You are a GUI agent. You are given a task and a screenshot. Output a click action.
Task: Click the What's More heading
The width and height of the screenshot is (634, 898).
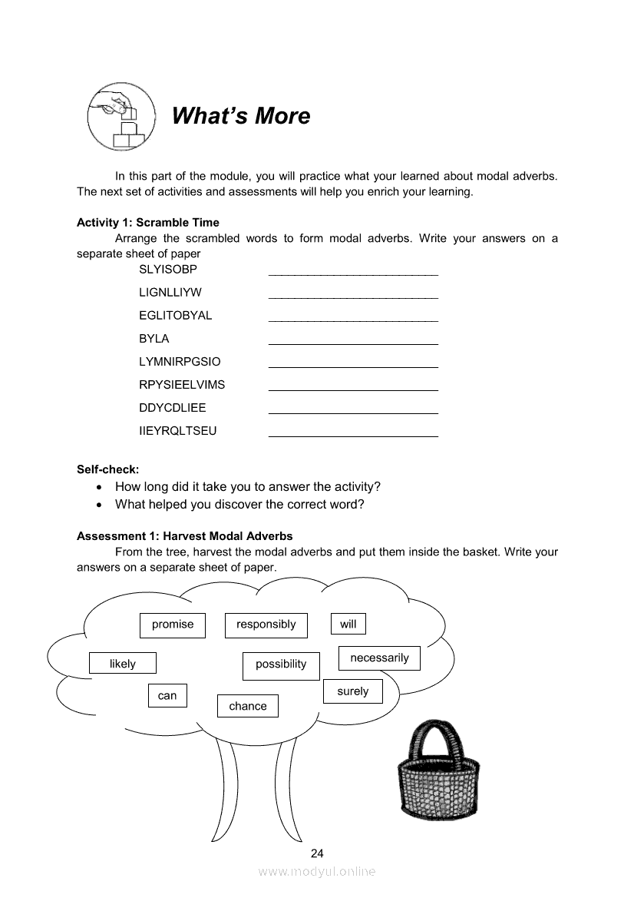coord(241,116)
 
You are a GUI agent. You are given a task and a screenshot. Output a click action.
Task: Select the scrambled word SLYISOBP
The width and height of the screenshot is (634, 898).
coord(168,270)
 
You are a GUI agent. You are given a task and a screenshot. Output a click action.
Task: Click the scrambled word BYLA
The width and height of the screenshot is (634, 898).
coord(154,339)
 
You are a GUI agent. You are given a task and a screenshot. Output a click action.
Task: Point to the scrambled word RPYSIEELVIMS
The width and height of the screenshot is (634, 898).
coord(182,385)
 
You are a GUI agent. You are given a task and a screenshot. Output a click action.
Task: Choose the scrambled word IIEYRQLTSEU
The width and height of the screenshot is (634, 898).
coord(178,431)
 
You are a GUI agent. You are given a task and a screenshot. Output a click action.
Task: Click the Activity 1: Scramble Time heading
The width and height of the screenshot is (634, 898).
coord(148,223)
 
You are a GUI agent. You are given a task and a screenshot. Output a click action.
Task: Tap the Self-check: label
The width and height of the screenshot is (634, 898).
coord(108,469)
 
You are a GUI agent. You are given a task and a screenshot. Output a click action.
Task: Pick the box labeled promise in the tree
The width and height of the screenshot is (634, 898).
coord(173,625)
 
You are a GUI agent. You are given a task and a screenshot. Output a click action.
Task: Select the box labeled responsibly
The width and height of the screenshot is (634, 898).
coord(266,625)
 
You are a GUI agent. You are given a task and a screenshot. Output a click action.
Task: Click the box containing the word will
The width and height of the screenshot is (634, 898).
coord(348,624)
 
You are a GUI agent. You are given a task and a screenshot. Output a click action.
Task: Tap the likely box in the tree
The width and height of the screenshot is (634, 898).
coord(123,664)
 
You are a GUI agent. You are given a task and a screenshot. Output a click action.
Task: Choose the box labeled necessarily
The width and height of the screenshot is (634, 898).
coord(379,658)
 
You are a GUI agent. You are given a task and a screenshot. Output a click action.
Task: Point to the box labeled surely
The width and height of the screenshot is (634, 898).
coord(352,691)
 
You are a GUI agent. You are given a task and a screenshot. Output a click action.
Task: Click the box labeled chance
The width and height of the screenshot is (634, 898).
coord(248,706)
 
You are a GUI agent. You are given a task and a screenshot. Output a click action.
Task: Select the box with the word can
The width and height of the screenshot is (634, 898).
coord(167,696)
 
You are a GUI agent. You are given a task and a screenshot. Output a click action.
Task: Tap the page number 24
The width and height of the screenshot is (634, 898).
coord(317,853)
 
